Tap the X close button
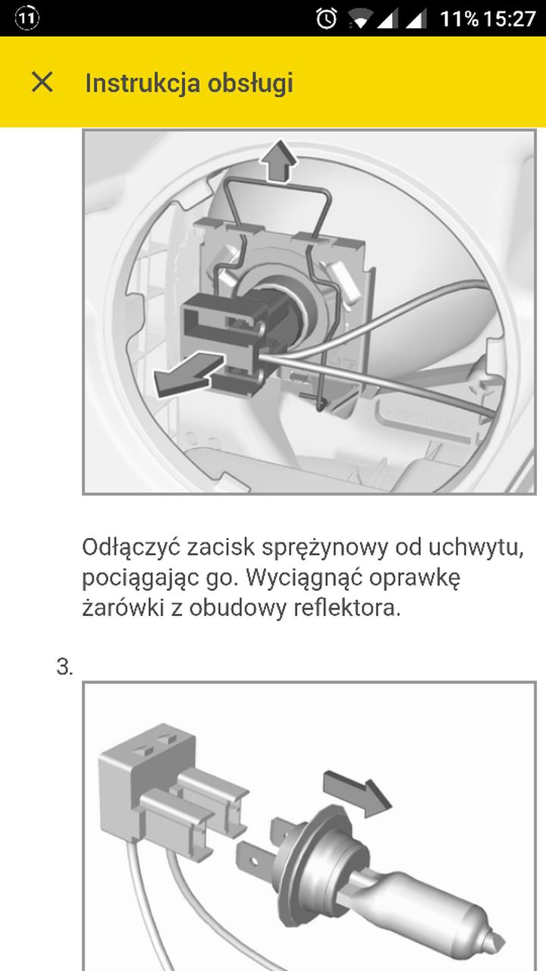click(x=42, y=82)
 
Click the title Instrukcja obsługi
click(x=189, y=83)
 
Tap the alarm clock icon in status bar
click(x=326, y=18)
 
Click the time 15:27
click(x=510, y=18)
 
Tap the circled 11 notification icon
click(x=27, y=18)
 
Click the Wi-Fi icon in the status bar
click(x=362, y=18)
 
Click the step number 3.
click(x=64, y=668)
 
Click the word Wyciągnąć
click(x=312, y=578)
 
